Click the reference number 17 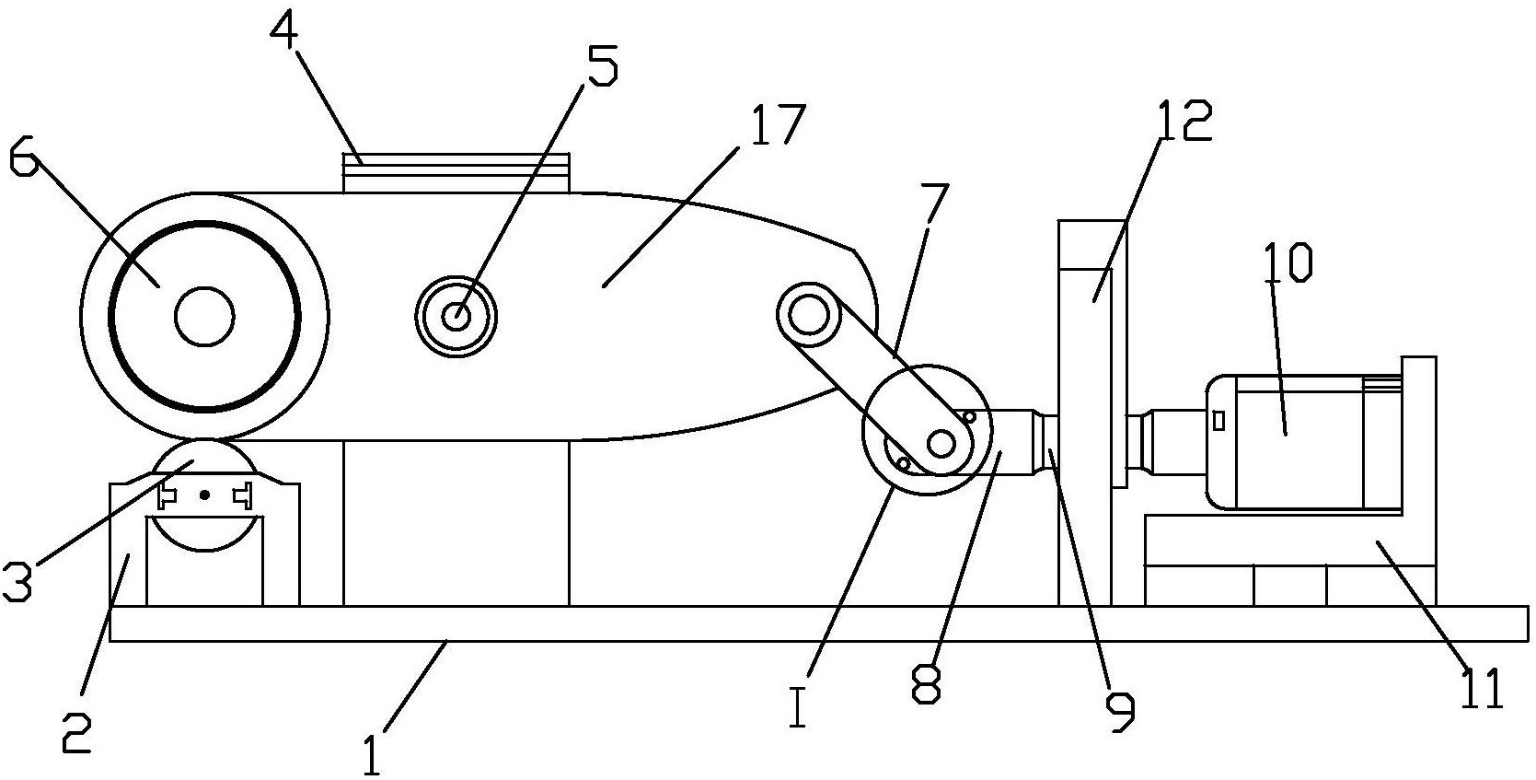coord(776,125)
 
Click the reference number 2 coord(76,733)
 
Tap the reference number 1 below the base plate coord(371,754)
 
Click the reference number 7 coord(935,204)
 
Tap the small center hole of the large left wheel coord(204,316)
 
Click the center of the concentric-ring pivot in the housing coord(456,316)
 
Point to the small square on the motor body coord(1218,421)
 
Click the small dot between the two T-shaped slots coord(204,494)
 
